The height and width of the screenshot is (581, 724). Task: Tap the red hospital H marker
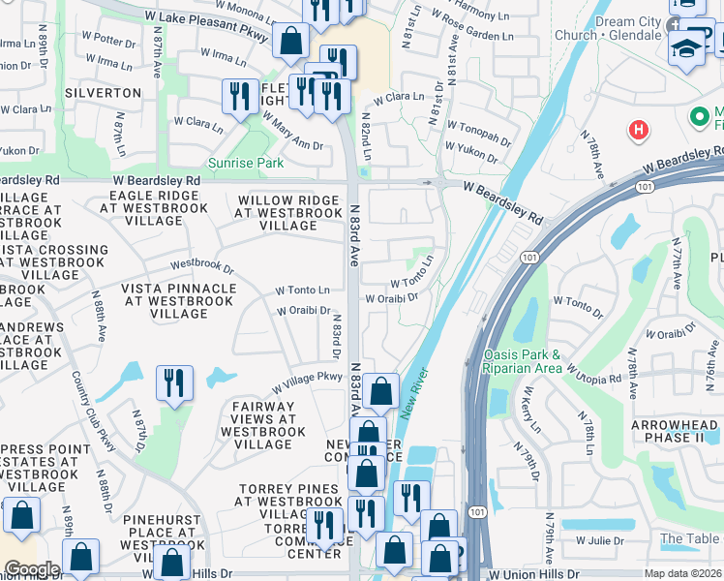tap(638, 129)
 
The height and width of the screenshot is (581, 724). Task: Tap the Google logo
tap(31, 569)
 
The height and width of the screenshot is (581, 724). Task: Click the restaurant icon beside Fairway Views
tap(174, 382)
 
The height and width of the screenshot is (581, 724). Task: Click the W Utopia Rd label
tap(593, 374)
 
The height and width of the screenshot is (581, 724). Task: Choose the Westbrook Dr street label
tap(201, 264)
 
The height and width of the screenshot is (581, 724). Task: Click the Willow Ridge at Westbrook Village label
tap(289, 213)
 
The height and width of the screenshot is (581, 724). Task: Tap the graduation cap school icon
tap(686, 46)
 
